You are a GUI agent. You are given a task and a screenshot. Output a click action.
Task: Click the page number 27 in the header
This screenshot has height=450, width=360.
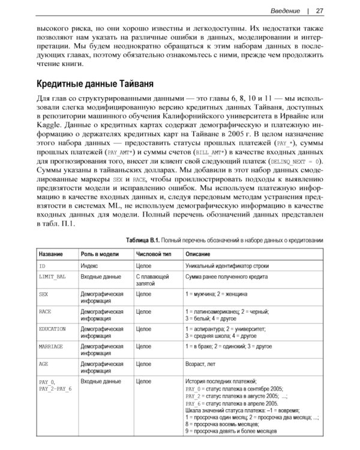pyautogui.click(x=320, y=10)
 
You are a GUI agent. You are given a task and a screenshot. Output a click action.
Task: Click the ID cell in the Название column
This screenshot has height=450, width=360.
pyautogui.click(x=42, y=265)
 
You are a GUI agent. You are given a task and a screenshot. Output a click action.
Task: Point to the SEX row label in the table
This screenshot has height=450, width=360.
pyautogui.click(x=43, y=295)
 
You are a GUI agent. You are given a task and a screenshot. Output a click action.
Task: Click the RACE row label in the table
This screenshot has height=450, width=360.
pyautogui.click(x=45, y=312)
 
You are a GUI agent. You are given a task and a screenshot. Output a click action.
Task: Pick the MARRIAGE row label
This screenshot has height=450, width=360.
pyautogui.click(x=51, y=347)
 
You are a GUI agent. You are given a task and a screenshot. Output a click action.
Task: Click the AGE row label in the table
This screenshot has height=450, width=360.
pyautogui.click(x=43, y=364)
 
